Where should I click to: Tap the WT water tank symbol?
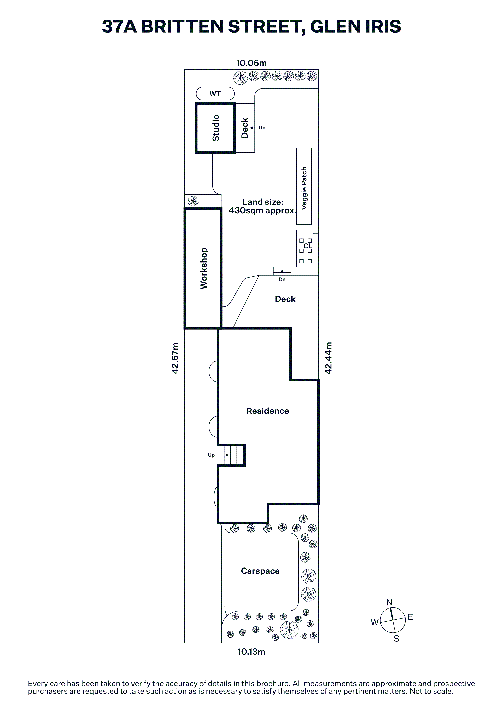[215, 94]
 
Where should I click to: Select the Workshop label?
[204, 268]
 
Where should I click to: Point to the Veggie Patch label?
[304, 188]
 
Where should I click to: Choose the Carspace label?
[260, 571]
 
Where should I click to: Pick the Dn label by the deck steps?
[282, 279]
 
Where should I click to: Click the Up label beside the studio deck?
[262, 128]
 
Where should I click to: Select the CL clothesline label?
[307, 246]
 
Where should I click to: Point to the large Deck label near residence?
[285, 299]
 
